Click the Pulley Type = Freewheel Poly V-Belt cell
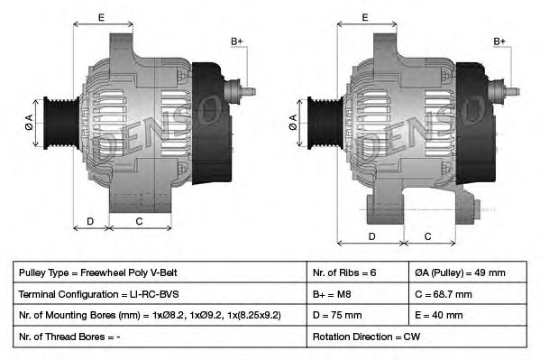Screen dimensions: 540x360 tap(160, 272)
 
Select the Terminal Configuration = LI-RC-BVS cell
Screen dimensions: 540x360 tap(160, 294)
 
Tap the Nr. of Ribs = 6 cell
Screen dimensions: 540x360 tap(358, 272)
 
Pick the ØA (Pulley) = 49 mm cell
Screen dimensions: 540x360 tap(468, 272)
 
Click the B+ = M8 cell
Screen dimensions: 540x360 tap(358, 294)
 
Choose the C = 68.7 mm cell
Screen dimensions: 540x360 tap(468, 294)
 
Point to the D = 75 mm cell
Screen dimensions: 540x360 tap(358, 315)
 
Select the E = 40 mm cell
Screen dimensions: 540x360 tap(468, 315)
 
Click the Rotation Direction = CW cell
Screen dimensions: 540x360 tap(416, 337)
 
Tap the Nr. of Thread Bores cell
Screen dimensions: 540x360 tap(160, 337)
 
